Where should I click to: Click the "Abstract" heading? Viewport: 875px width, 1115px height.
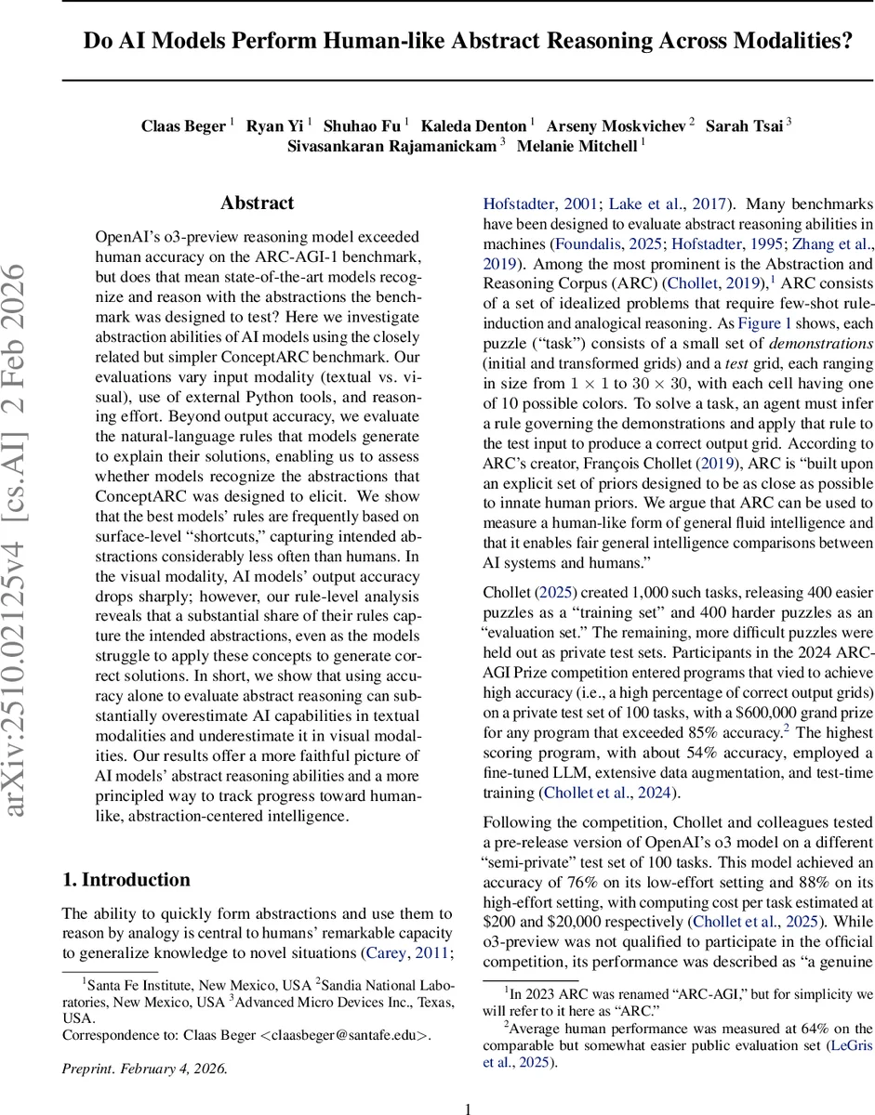pyautogui.click(x=257, y=203)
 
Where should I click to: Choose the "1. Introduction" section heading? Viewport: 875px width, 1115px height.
pyautogui.click(x=126, y=880)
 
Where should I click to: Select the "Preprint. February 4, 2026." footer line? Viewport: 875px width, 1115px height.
pyautogui.click(x=144, y=1068)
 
